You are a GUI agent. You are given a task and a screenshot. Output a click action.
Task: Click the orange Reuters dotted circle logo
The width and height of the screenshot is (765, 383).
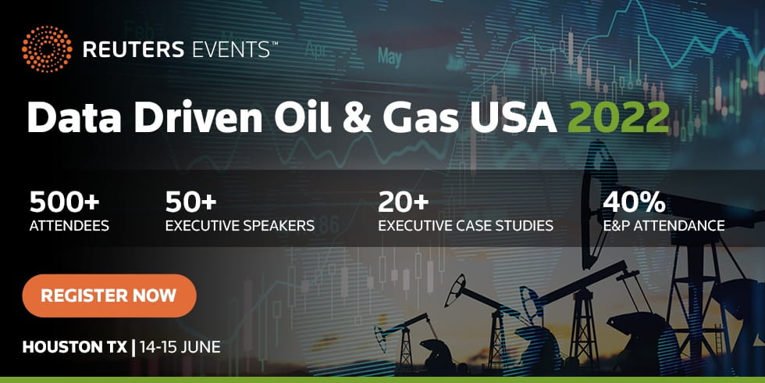[x=47, y=49]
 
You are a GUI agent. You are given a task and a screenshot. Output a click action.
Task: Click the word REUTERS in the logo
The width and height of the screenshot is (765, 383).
[x=133, y=49]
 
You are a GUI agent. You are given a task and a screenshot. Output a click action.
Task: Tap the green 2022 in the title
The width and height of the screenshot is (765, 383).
[x=618, y=117]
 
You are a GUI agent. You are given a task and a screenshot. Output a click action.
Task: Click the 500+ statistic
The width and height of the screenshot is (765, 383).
[x=64, y=202]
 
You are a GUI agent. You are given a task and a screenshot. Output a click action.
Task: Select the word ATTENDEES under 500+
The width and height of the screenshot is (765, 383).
[x=69, y=226]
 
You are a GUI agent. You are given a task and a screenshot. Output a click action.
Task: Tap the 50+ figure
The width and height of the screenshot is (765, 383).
[x=190, y=202]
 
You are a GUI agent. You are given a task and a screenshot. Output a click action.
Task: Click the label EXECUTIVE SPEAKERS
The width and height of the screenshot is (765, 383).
[x=240, y=226]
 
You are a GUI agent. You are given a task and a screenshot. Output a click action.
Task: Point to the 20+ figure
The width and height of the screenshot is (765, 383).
[x=404, y=202]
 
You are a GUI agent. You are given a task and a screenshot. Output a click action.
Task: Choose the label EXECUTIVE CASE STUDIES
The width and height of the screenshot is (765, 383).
[x=466, y=226]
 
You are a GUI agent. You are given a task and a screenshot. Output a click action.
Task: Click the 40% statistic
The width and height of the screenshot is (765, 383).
[x=634, y=202]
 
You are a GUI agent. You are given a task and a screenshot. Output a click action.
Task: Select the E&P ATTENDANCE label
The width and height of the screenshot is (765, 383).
[x=664, y=226]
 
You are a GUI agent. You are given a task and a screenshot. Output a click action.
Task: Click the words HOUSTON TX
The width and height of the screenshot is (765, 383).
[x=75, y=347]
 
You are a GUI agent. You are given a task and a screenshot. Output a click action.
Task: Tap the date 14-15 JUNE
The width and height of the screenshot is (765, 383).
[x=180, y=347]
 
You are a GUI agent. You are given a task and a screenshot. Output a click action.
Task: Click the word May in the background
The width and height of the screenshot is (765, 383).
[x=390, y=57]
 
